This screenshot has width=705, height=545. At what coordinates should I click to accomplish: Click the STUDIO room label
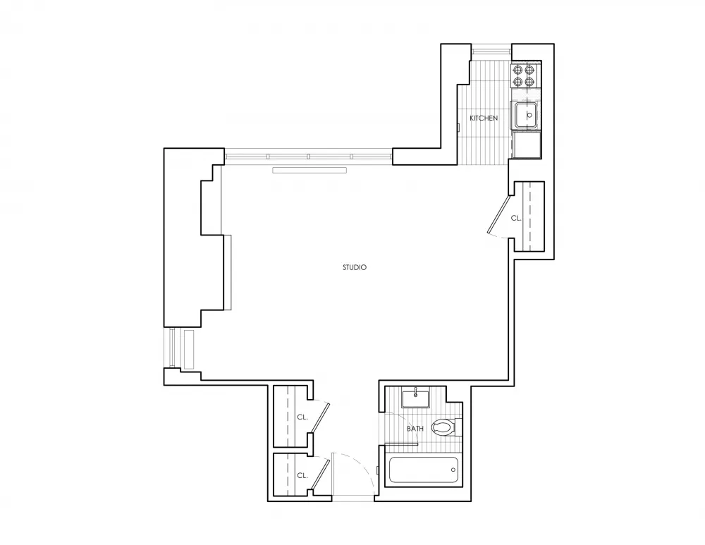click(354, 267)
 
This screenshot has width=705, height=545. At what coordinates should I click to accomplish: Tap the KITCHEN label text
click(484, 118)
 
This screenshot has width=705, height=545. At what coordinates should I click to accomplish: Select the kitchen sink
click(526, 115)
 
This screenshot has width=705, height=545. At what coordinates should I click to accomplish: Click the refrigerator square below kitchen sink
click(527, 145)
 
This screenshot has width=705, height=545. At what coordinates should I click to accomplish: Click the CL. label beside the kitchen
click(516, 219)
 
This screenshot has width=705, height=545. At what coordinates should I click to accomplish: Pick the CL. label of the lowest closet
click(302, 476)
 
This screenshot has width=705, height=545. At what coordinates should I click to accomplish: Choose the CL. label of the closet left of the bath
click(302, 417)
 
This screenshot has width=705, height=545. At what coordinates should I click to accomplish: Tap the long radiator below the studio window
click(309, 170)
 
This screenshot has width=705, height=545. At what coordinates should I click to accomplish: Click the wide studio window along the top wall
click(308, 155)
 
